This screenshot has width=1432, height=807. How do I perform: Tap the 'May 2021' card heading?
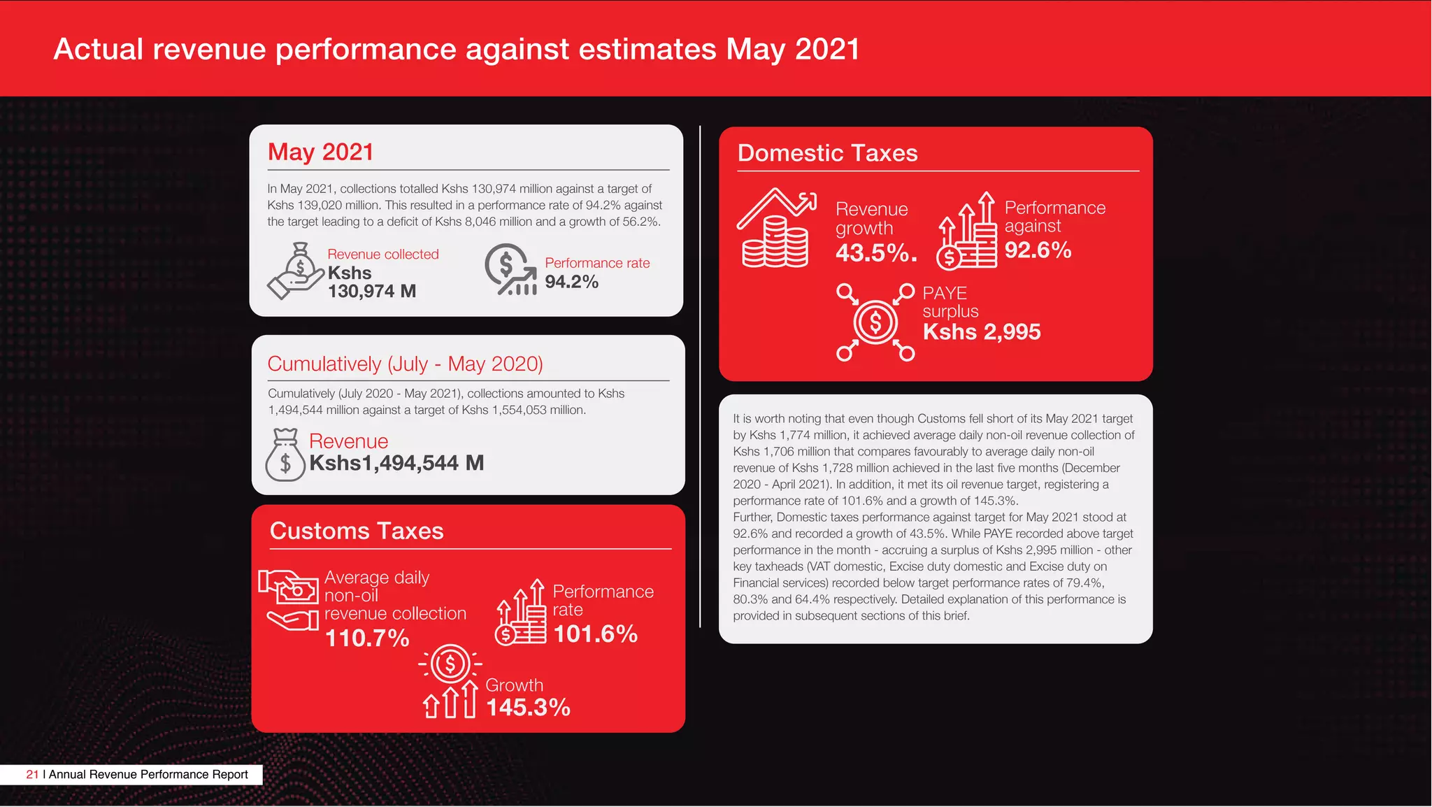pos(321,152)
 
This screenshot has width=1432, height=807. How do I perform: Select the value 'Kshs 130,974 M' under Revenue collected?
pos(372,283)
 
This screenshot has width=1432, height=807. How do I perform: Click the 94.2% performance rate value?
pos(571,282)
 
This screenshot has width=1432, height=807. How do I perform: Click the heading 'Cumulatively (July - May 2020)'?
pos(405,364)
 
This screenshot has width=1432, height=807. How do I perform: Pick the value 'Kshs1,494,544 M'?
pos(396,463)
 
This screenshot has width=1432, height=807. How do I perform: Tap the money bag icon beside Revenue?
pos(285,455)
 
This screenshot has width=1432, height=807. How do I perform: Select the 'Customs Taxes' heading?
pos(357,531)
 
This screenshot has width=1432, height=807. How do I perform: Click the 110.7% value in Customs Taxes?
pos(367,638)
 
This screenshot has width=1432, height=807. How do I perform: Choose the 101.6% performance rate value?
pos(595,634)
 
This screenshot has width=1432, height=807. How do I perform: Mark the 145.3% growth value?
pos(528,707)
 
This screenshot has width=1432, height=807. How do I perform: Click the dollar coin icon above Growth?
pos(450,664)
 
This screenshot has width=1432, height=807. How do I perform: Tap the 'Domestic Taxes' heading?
pos(827,153)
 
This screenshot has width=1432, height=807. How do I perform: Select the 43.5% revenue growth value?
pos(875,252)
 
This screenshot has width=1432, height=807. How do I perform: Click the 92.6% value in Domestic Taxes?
pos(1038,250)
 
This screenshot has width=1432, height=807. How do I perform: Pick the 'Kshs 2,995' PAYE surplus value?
pos(981,331)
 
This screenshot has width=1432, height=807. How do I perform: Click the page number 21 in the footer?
pos(32,774)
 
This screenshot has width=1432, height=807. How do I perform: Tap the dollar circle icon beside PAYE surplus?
pos(875,322)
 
